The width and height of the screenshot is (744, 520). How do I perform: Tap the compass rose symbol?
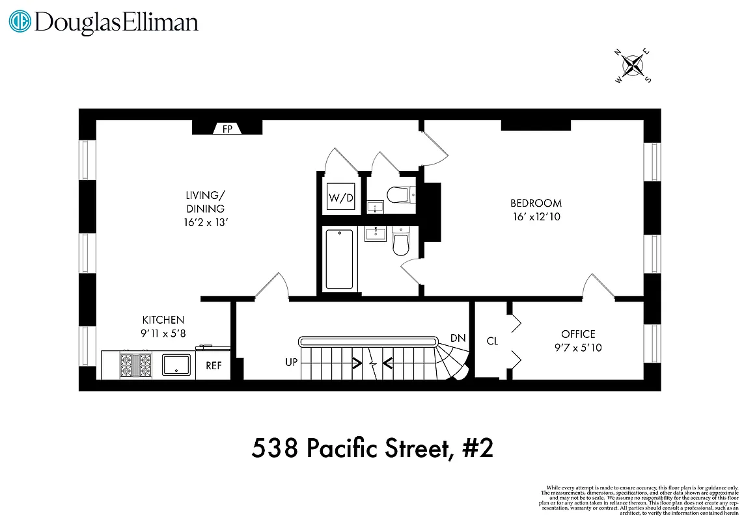point(633,65)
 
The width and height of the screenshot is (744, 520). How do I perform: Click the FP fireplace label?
point(228,129)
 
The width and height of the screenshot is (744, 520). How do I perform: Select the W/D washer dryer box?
point(340,198)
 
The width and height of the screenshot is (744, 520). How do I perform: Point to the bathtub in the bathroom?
point(338,259)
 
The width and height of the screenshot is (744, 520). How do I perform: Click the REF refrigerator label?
point(214,366)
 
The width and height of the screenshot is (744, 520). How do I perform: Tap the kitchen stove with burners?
point(135,365)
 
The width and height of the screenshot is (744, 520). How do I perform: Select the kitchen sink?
point(176,365)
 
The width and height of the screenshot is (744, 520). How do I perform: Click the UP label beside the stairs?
point(291,361)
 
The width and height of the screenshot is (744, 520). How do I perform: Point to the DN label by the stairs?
point(458,339)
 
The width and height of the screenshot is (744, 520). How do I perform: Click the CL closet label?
point(492,341)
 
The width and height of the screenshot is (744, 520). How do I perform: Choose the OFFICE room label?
point(578,334)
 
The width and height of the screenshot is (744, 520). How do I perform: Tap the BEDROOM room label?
point(536,203)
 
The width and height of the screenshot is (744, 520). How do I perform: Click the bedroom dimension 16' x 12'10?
point(536,217)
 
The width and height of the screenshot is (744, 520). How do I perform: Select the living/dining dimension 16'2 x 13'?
point(206,222)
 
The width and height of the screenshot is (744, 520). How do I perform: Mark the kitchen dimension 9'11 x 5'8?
point(163,333)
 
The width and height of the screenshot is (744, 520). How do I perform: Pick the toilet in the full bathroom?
point(400,243)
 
